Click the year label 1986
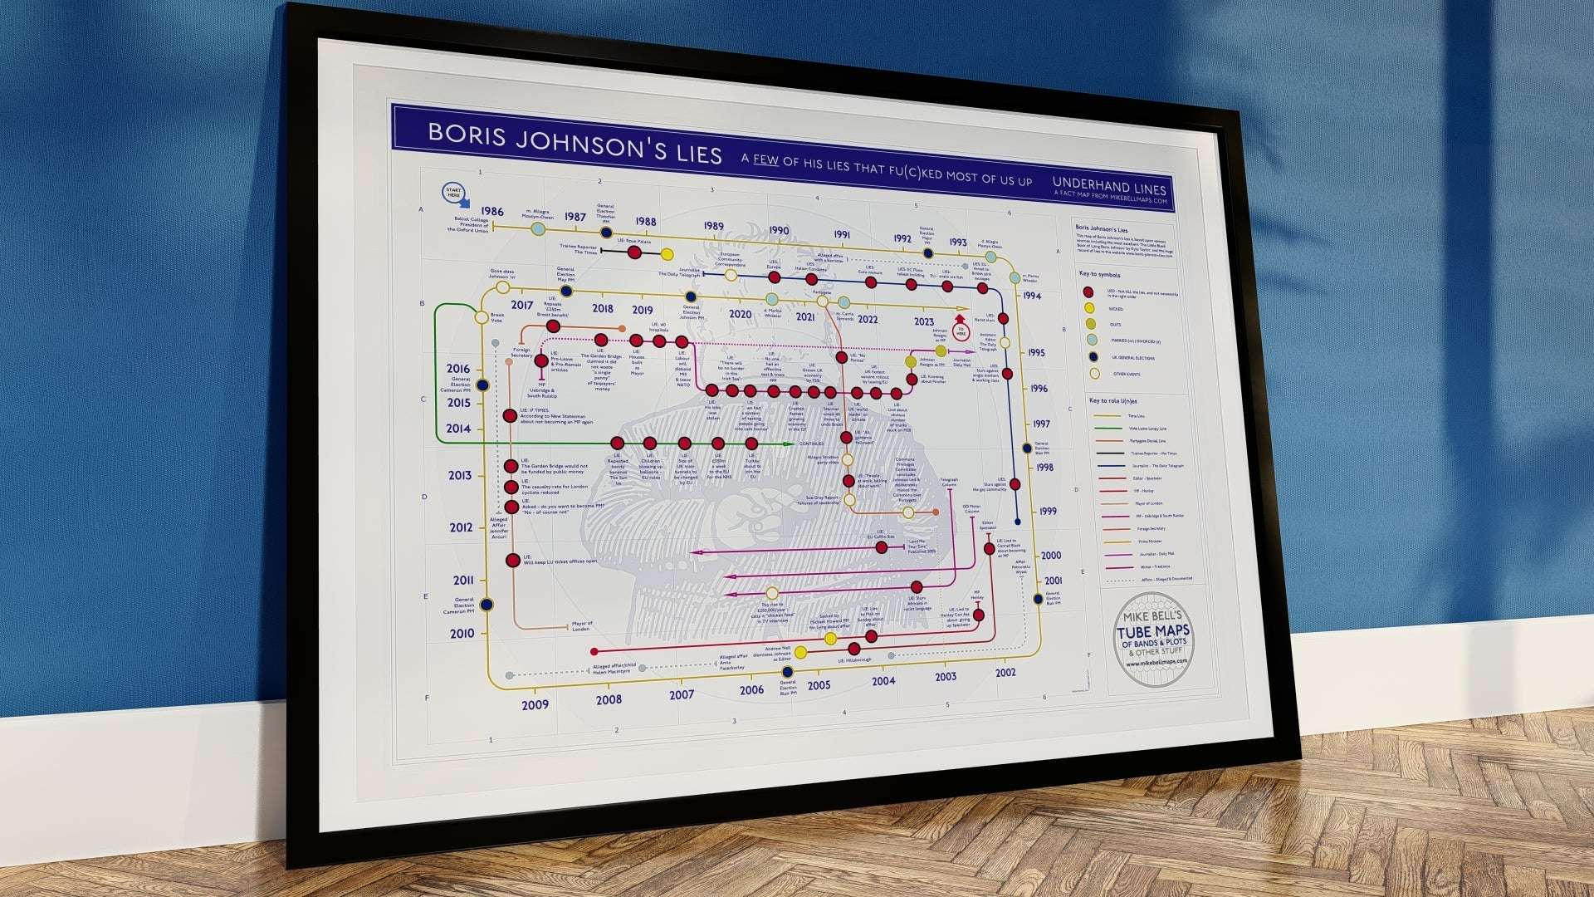tap(492, 212)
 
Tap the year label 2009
tap(535, 704)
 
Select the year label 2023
tap(923, 321)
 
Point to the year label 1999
tap(1048, 511)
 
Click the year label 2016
tap(457, 369)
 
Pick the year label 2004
tap(883, 681)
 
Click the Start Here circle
tap(453, 193)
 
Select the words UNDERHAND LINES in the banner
tap(1109, 186)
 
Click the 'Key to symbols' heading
tap(1099, 274)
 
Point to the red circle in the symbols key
tap(1088, 292)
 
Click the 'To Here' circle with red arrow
tap(961, 331)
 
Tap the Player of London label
tap(581, 625)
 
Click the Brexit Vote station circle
tap(481, 317)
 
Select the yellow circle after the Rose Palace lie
tap(667, 254)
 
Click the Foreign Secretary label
tap(521, 352)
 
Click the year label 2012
tap(461, 527)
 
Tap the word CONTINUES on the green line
tap(811, 444)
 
